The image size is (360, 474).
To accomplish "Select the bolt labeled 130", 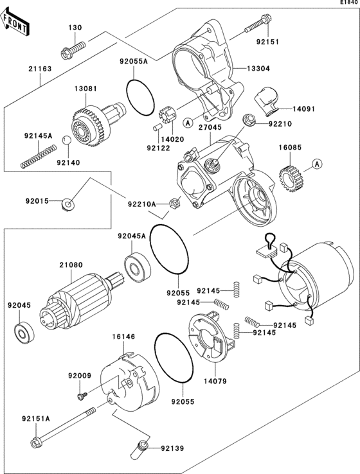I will [x=73, y=48].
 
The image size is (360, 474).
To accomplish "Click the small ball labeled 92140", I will [x=66, y=141].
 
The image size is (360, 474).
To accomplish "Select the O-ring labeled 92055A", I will [x=140, y=96].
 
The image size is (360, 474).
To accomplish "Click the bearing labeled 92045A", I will [x=136, y=265].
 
